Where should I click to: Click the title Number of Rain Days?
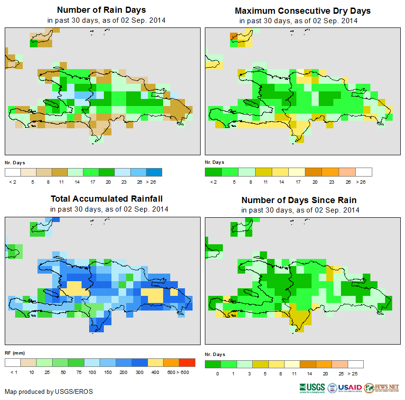point(101,9)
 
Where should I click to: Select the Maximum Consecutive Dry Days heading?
point(303,10)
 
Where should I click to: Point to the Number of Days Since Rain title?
point(299,200)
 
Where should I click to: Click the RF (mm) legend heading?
point(15,353)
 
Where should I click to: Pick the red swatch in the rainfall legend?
point(187,363)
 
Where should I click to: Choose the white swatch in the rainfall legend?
point(12,363)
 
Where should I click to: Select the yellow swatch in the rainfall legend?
point(155,363)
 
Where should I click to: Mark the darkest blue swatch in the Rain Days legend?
point(154,172)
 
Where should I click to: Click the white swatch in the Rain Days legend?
point(12,172)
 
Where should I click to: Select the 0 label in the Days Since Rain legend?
point(217,373)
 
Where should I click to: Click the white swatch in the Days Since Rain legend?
point(356,364)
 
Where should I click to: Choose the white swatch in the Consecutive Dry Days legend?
point(364,172)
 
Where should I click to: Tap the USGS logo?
point(312,388)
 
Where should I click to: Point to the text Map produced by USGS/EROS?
point(49,391)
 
